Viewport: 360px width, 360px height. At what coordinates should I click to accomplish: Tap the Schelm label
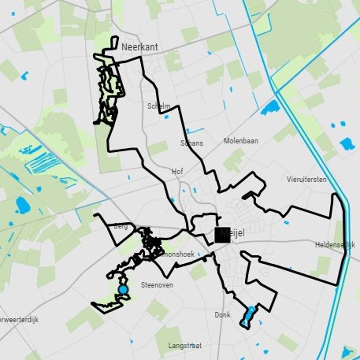(x=159, y=106)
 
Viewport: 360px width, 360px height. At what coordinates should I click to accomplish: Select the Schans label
(x=191, y=143)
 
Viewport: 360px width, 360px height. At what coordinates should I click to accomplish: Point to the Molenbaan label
(x=241, y=141)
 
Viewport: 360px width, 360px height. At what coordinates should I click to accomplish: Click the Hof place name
(x=177, y=171)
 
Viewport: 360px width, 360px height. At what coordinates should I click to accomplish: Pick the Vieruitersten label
(x=306, y=179)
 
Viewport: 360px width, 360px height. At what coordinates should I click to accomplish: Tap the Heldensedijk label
(x=336, y=245)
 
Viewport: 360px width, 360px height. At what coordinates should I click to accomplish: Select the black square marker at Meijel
(x=222, y=234)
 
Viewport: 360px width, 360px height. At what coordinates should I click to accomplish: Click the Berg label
(x=121, y=226)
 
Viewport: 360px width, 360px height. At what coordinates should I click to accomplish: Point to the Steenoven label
(x=157, y=285)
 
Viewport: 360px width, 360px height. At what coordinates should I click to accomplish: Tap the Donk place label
(x=222, y=315)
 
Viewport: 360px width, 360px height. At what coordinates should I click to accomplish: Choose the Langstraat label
(x=184, y=346)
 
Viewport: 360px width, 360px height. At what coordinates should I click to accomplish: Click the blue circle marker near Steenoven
(x=122, y=289)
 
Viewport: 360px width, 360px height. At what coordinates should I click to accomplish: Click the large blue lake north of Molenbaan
(x=270, y=107)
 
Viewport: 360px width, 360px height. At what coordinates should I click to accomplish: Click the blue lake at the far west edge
(x=22, y=205)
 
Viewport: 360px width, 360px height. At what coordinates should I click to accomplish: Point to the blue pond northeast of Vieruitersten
(x=347, y=144)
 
